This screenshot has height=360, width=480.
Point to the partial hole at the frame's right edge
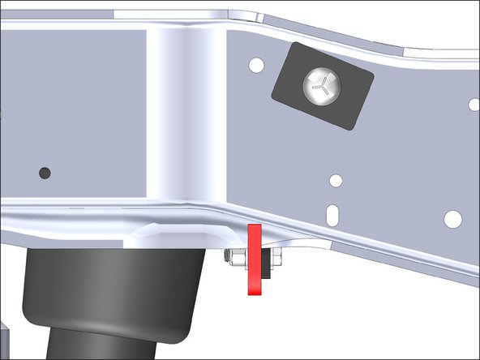(x=476, y=103)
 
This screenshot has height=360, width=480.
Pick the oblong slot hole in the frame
(x=332, y=213)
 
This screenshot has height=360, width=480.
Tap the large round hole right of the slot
(x=453, y=218)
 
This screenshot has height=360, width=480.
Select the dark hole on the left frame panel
(x=45, y=173)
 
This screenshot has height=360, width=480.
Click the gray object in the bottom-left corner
(x=3, y=341)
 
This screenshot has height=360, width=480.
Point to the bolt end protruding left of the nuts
(x=227, y=258)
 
